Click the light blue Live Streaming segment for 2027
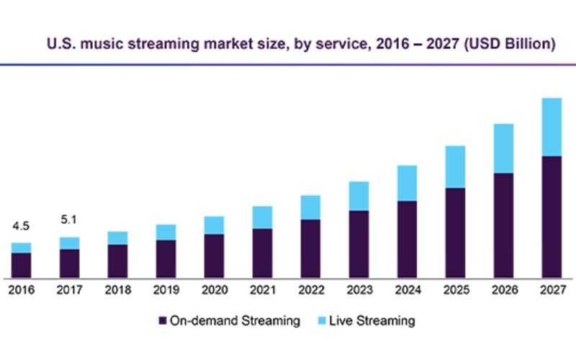click(551, 127)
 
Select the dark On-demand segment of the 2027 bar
click(551, 216)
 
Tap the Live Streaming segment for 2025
click(454, 166)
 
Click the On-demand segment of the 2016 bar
click(21, 264)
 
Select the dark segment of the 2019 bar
click(166, 258)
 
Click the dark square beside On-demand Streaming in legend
click(163, 320)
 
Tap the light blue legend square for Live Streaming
click(320, 320)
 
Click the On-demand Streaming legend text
click(235, 320)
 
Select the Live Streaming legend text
click(372, 320)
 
